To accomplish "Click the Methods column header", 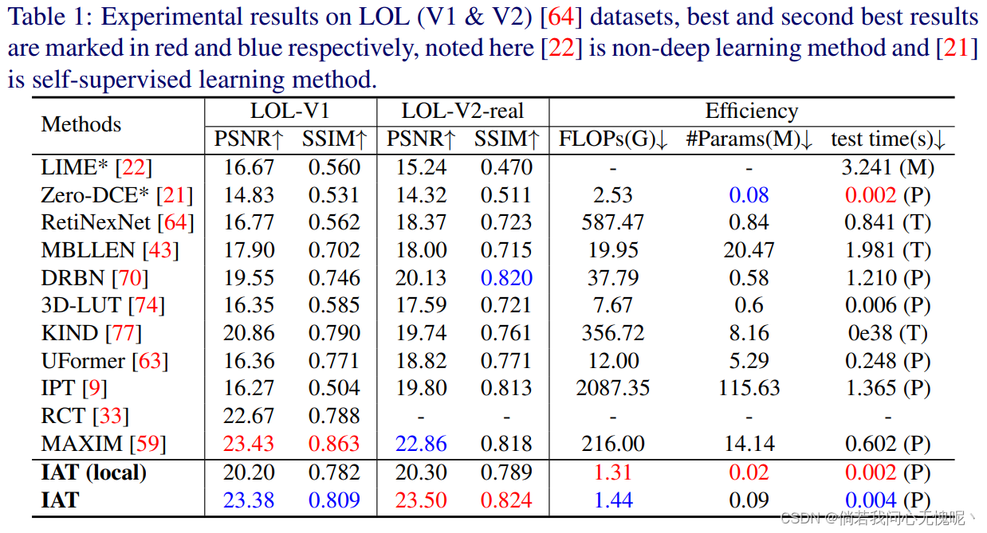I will (81, 124).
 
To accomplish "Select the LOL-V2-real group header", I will (462, 111).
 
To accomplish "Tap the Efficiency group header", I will (751, 111).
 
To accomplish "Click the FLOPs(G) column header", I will (613, 139).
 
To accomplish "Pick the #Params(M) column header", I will (749, 139).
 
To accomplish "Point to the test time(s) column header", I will (887, 139).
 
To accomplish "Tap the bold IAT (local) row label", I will (94, 472).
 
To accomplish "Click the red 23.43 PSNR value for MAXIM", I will (249, 444).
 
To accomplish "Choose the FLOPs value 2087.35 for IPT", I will (613, 388).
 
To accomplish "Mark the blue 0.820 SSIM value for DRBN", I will (506, 278).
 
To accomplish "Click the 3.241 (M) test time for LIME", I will (887, 167).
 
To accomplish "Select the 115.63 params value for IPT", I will (749, 388).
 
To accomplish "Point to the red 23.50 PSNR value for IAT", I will (421, 500).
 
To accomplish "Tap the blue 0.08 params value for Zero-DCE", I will (749, 195).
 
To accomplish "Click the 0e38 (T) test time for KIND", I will (887, 333).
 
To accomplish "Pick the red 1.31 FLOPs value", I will (613, 472).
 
